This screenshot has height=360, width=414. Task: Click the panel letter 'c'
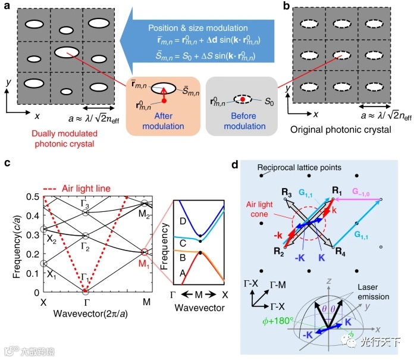click(8, 164)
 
